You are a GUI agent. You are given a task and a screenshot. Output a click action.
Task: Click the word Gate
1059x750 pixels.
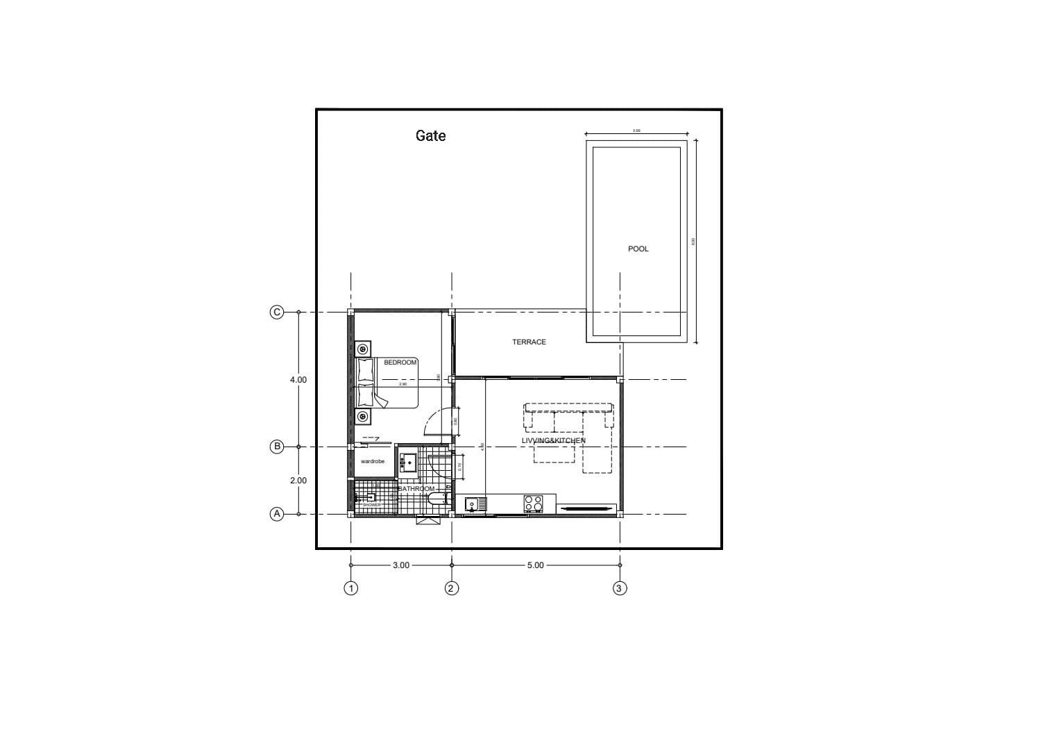[430, 135]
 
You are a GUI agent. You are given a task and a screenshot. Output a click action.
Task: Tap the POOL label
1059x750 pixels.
[638, 249]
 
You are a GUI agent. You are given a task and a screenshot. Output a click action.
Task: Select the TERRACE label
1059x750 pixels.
[529, 342]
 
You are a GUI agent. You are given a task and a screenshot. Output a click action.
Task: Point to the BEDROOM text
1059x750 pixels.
[400, 362]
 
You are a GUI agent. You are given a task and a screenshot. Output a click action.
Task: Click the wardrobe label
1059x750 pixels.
[373, 461]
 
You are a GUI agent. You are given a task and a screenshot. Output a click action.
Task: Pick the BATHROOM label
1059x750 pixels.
[416, 489]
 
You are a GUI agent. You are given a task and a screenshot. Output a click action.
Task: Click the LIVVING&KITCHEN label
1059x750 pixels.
[553, 440]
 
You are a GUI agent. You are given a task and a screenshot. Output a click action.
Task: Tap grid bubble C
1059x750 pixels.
[277, 312]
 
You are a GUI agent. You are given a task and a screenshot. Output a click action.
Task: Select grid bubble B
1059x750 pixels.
[277, 447]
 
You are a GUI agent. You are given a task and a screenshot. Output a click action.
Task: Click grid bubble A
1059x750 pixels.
[277, 514]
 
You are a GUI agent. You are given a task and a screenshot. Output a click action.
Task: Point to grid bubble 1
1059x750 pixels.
[351, 588]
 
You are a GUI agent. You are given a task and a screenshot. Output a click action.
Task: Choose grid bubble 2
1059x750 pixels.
[452, 588]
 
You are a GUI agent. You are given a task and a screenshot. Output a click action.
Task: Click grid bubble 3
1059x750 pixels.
[620, 588]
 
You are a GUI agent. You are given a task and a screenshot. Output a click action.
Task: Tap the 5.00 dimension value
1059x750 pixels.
[535, 565]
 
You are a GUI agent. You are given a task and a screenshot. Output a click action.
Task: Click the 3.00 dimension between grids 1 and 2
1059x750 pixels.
[400, 565]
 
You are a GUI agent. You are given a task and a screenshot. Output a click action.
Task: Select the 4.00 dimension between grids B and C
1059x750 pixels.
[298, 380]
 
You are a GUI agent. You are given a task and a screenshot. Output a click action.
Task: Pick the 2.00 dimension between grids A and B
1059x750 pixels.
[298, 481]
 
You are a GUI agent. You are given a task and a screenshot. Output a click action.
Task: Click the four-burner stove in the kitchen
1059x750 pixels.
[533, 503]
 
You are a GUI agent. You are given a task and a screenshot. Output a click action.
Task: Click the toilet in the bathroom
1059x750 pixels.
[437, 500]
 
